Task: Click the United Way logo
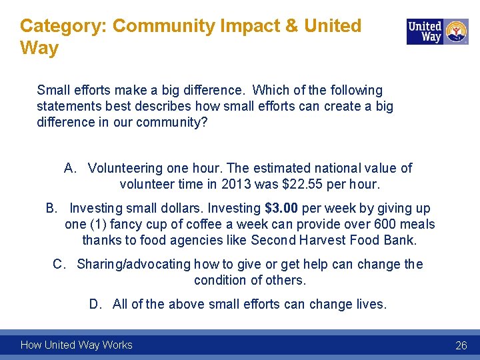pos(437,31)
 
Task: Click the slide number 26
pos(461,345)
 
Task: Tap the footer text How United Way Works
pos(76,345)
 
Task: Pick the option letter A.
pos(69,168)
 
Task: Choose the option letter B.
pos(51,209)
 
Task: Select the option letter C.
pos(59,264)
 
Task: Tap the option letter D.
pos(95,304)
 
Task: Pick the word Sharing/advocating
pos(133,264)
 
